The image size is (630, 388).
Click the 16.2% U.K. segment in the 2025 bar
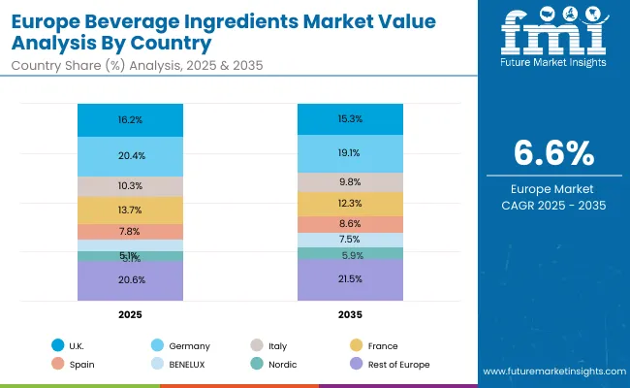[x=131, y=120]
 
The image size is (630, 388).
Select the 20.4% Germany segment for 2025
[x=131, y=155]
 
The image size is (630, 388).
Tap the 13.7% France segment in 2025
[x=131, y=210]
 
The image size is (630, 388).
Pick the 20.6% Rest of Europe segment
[x=131, y=279]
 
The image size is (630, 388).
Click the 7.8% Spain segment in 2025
[x=131, y=232]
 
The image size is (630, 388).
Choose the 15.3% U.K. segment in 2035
[x=350, y=119]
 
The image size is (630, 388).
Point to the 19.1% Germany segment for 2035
[x=350, y=153]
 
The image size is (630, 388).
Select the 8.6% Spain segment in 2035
[x=350, y=224]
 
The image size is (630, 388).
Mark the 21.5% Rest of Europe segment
[x=350, y=279]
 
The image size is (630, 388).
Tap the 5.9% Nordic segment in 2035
[x=350, y=254]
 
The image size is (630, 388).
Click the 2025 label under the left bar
[x=131, y=315]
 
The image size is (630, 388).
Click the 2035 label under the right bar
[x=350, y=315]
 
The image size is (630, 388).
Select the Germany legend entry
[x=188, y=345]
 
